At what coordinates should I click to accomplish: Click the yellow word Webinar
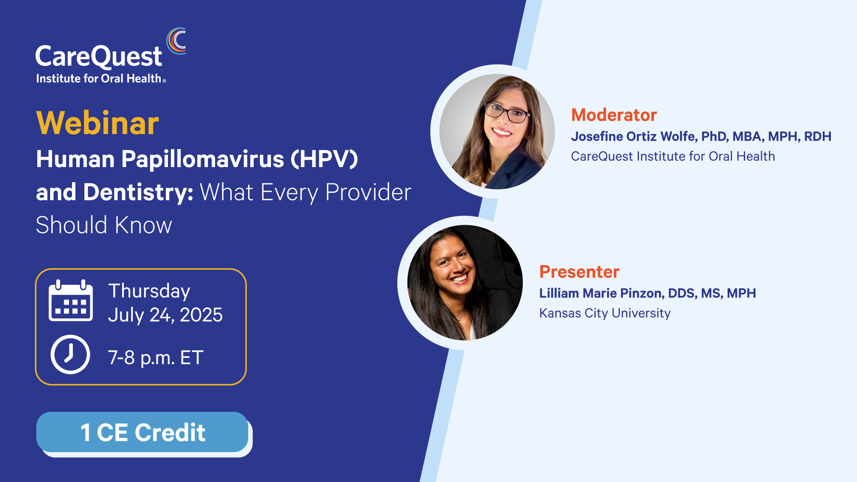(98, 123)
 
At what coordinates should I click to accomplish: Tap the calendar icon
(71, 300)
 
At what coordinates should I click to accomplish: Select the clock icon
(70, 354)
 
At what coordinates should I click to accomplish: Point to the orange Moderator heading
(614, 115)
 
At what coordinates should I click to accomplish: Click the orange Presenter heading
(579, 272)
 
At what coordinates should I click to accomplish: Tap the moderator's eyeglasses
(507, 112)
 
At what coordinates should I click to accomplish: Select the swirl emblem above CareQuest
(176, 41)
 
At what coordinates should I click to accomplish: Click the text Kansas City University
(605, 313)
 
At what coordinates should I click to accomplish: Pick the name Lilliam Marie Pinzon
(602, 293)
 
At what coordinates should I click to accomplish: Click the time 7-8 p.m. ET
(156, 358)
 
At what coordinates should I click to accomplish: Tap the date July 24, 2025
(165, 315)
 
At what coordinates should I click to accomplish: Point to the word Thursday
(149, 291)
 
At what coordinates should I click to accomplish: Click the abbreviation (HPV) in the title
(324, 159)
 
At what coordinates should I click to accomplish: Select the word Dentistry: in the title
(138, 192)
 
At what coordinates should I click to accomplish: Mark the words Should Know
(104, 225)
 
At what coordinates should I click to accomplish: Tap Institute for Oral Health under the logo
(99, 78)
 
